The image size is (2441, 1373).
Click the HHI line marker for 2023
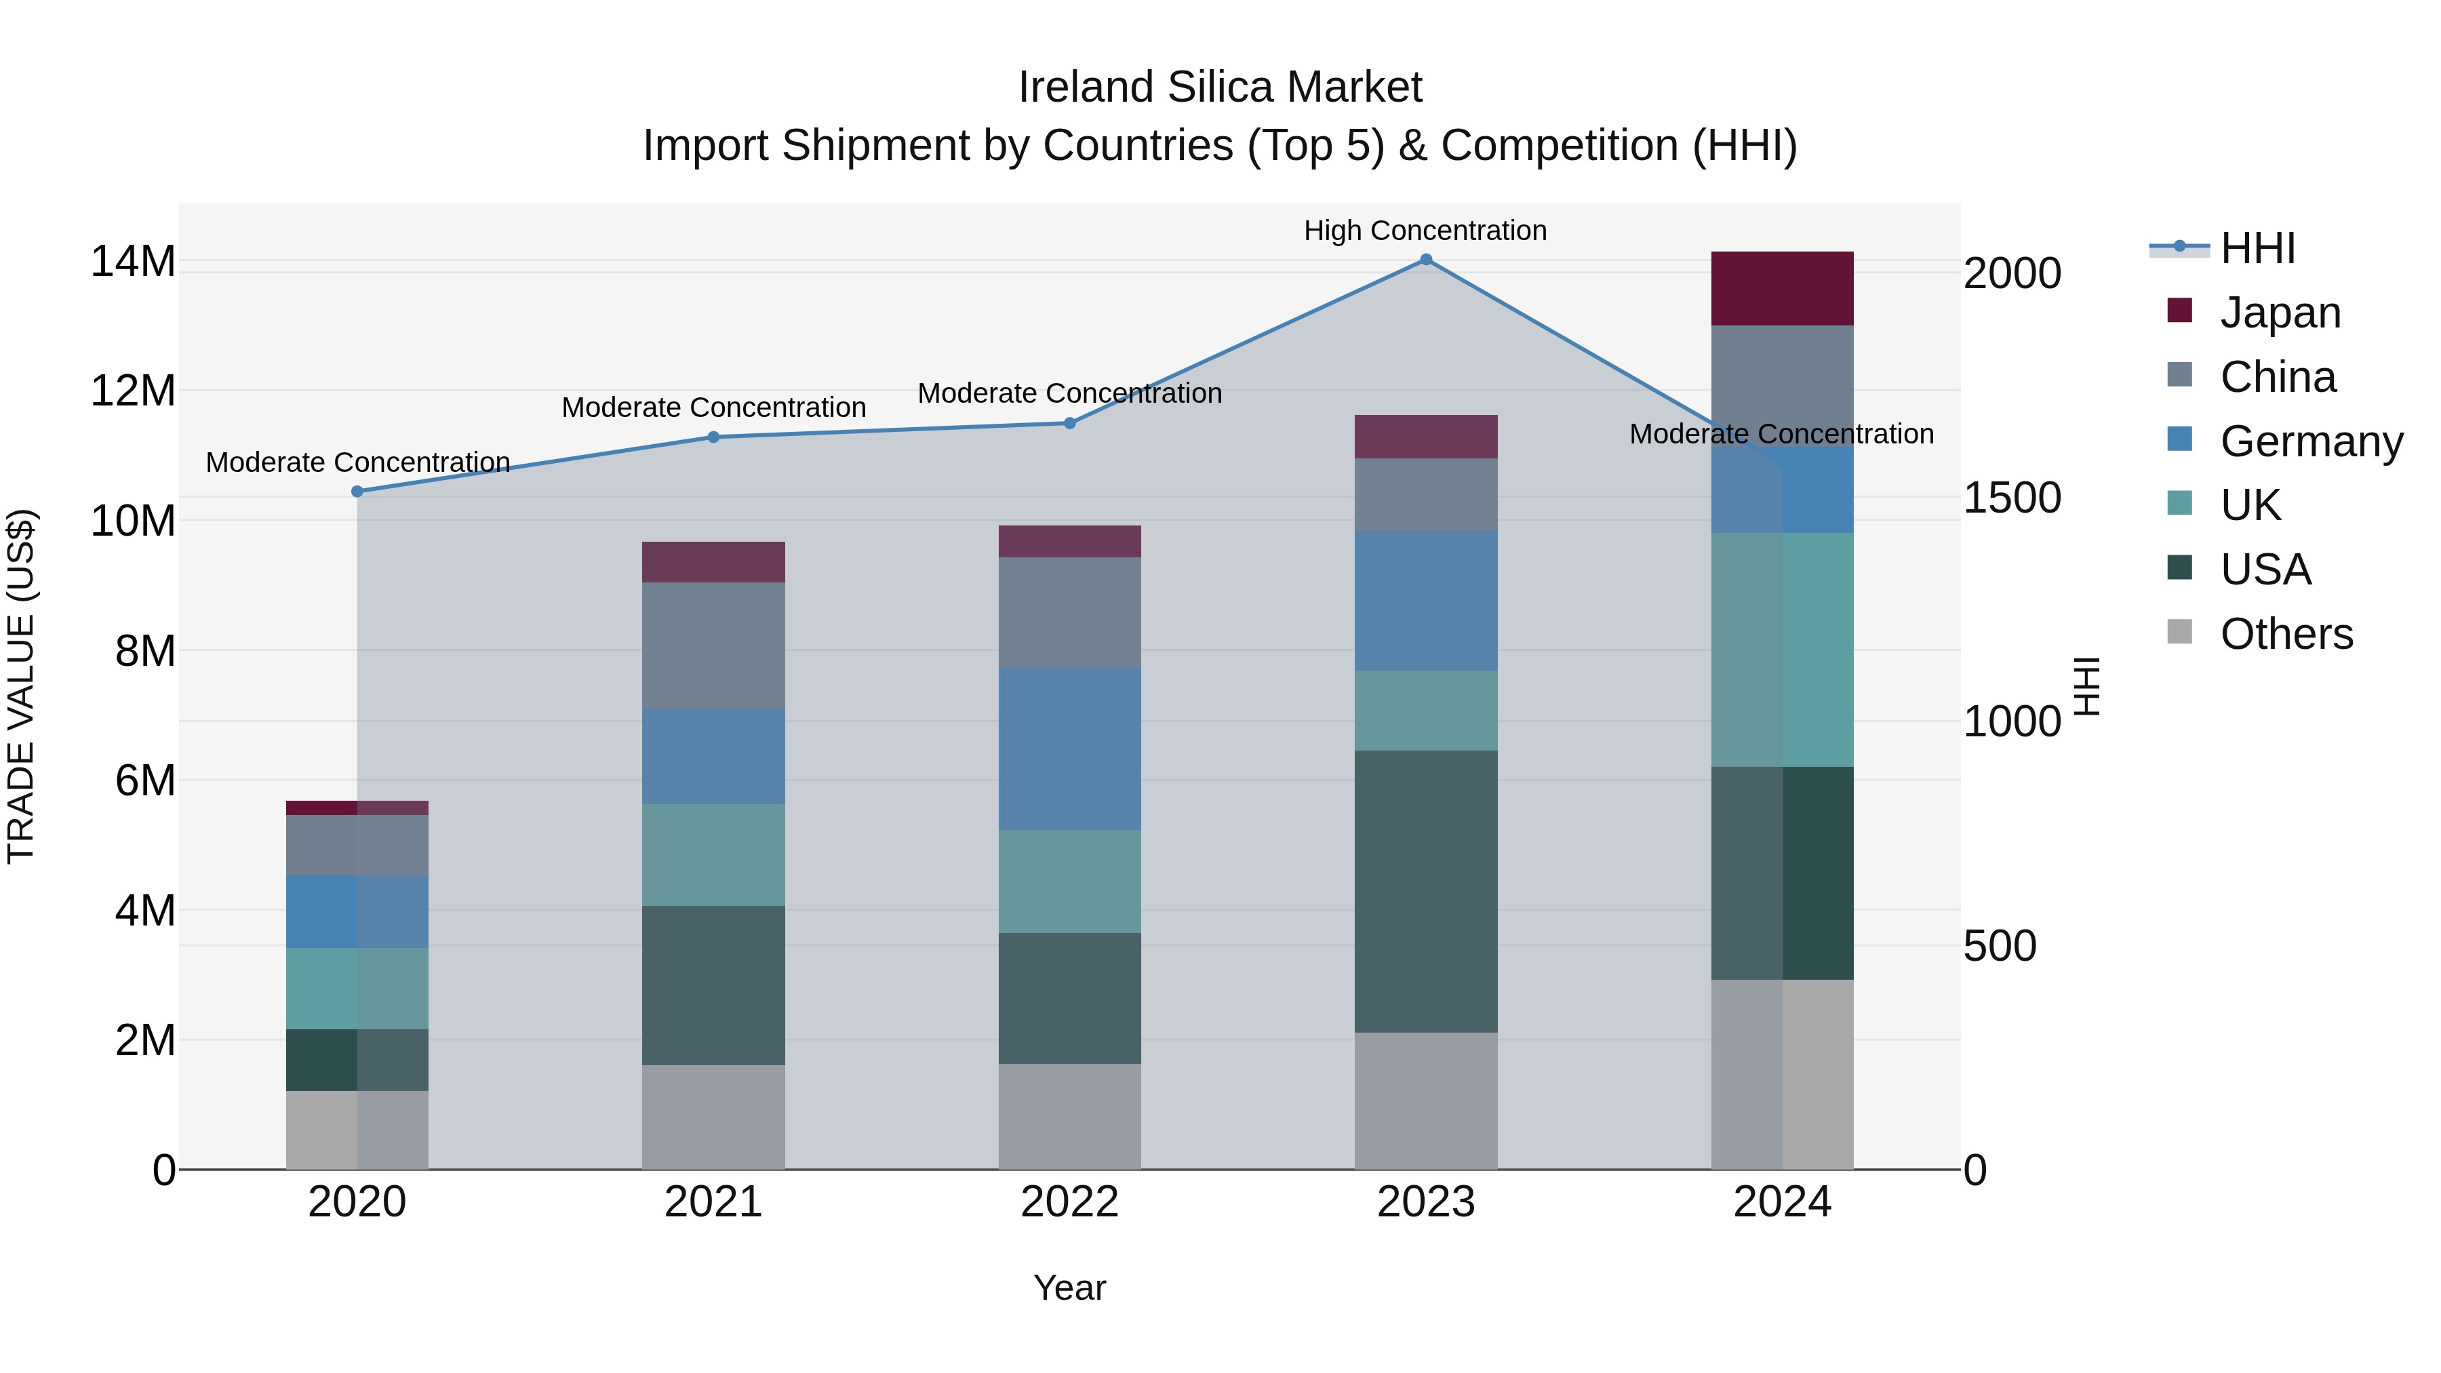coord(1425,260)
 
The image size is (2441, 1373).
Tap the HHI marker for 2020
coord(357,491)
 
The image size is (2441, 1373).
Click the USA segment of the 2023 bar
coord(1425,891)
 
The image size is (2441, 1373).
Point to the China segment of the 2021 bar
coord(713,645)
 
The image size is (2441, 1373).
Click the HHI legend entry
coord(2257,248)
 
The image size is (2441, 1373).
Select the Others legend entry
coord(2286,634)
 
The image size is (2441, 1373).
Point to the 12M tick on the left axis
coord(133,391)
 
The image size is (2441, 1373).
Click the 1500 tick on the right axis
coord(2012,498)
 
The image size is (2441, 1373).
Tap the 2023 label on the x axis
coord(1425,1202)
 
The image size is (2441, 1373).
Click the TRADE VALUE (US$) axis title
coord(22,686)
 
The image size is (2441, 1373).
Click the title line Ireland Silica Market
coord(1220,87)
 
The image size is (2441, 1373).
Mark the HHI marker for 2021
coord(713,437)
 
